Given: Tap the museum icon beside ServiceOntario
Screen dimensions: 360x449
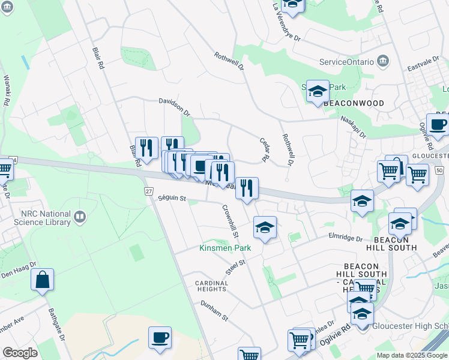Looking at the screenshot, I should (383, 62).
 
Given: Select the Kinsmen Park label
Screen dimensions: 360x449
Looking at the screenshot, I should (225, 248).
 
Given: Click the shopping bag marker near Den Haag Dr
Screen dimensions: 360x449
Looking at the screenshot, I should (43, 280).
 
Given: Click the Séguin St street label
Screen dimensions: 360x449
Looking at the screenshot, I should (172, 198).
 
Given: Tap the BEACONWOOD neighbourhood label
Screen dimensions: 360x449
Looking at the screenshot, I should (354, 103).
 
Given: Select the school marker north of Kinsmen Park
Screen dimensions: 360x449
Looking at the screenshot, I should (265, 227).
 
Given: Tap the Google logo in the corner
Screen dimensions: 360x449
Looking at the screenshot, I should (20, 353).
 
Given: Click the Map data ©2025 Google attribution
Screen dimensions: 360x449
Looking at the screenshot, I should (412, 355).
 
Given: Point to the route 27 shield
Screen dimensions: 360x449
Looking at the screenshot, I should (149, 190).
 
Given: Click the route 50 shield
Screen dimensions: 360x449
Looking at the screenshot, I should (440, 172).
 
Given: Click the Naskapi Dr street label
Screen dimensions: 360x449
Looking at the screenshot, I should (354, 127).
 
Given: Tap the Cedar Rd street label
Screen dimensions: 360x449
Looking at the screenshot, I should (263, 150).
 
